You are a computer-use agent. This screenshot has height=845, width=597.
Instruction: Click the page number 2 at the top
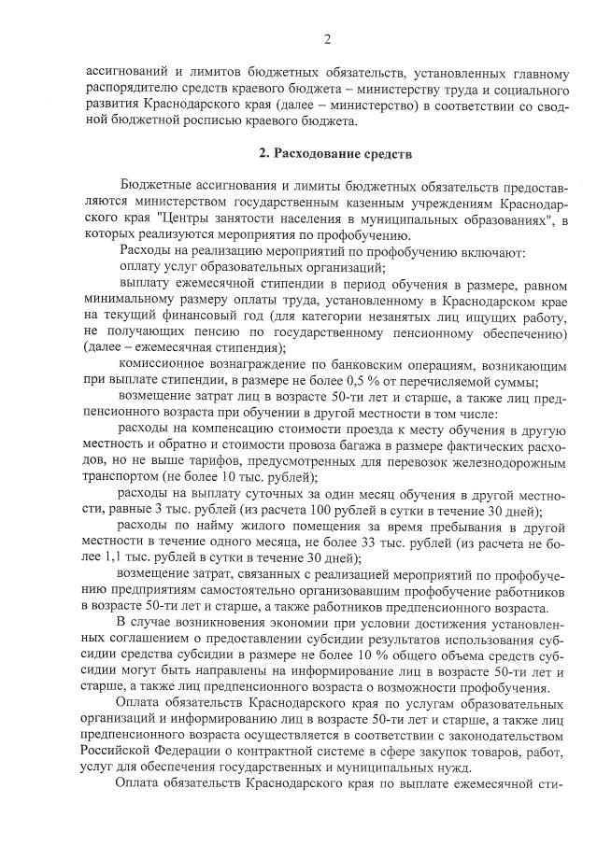click(x=327, y=38)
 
